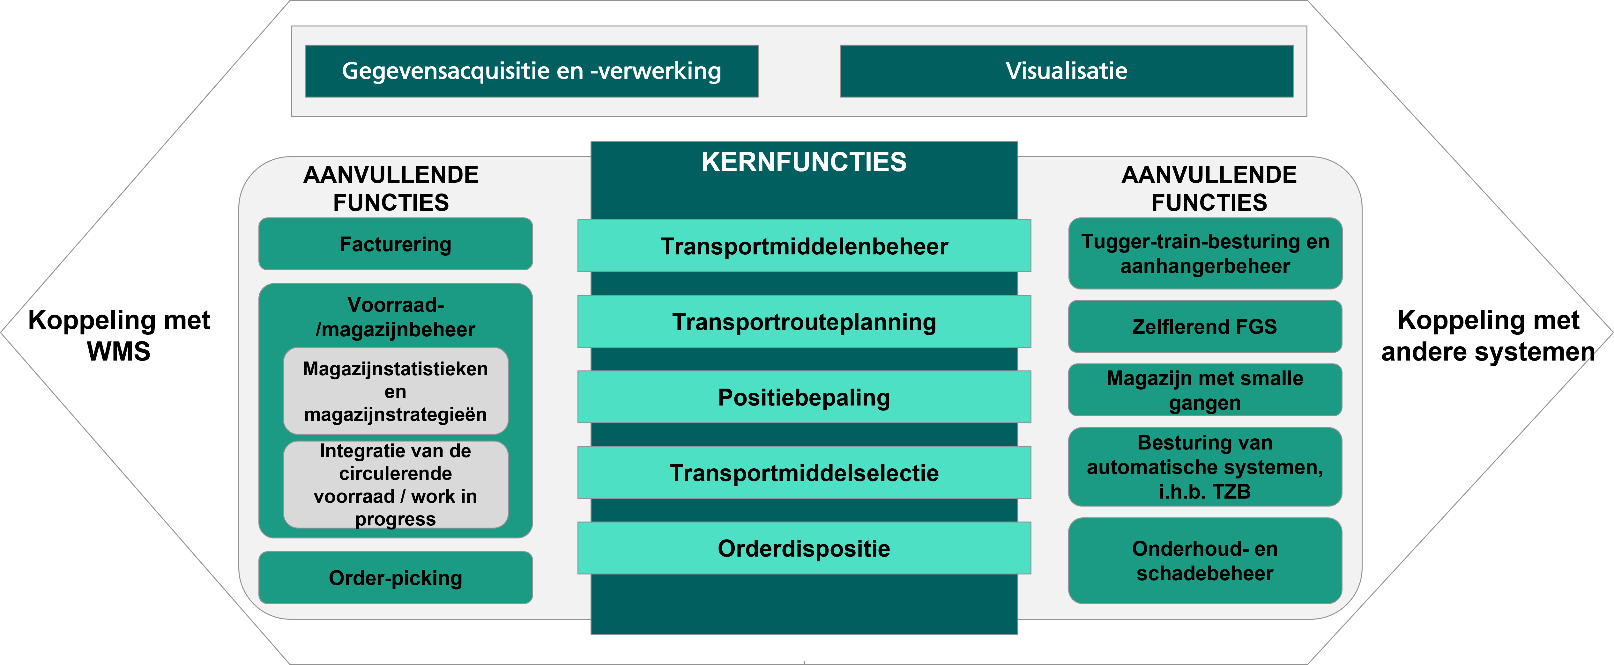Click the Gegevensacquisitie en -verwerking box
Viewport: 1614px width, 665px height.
tap(531, 71)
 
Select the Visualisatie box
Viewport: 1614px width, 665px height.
tap(1067, 71)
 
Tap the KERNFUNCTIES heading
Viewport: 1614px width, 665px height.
tap(804, 162)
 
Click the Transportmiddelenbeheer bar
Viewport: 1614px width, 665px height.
tap(804, 246)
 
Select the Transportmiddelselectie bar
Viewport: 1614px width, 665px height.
tap(804, 473)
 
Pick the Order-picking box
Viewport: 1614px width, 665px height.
tap(395, 577)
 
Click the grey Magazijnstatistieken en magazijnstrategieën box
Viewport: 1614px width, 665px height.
tap(395, 391)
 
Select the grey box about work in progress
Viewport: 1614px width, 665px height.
tap(395, 485)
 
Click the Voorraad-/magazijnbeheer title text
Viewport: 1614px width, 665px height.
tap(395, 317)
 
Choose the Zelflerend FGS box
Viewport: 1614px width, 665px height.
tap(1205, 326)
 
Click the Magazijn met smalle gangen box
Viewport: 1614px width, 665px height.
tap(1205, 390)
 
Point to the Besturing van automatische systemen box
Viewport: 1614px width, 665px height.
tap(1205, 466)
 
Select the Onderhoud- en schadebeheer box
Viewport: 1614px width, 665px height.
tap(1205, 560)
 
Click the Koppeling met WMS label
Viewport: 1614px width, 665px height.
tap(119, 335)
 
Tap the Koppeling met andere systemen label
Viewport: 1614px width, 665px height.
tap(1488, 335)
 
